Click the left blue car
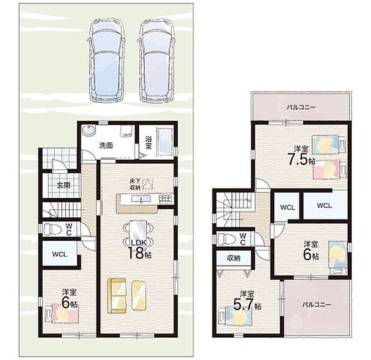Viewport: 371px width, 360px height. [106, 61]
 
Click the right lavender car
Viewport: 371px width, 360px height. [157, 61]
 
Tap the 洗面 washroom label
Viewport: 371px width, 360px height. [106, 146]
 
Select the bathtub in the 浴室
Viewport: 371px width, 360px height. [165, 142]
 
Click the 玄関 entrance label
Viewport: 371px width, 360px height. [64, 185]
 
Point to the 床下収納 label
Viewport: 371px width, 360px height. [135, 184]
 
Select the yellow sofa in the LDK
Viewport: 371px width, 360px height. [117, 296]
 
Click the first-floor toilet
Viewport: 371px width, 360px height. [52, 229]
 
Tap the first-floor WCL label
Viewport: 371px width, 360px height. [59, 254]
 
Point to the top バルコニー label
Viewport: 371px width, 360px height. [301, 107]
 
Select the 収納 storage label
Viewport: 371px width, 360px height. [234, 258]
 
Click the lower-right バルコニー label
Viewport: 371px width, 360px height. [316, 304]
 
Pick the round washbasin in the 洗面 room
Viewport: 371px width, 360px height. [89, 131]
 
